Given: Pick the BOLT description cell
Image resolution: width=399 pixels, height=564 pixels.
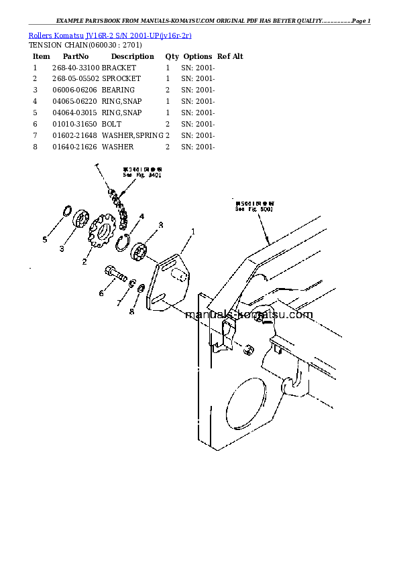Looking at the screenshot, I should pos(111,125).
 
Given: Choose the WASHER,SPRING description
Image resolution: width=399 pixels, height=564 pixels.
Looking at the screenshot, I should pos(132,136).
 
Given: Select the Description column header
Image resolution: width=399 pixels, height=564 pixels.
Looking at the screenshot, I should pos(132,57).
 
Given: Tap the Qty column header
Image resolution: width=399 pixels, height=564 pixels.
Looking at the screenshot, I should pos(172,57).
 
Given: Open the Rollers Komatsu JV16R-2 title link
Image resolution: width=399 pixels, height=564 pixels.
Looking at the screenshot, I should pos(111,35).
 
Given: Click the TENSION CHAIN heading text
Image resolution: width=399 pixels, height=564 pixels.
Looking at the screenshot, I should pos(84,46).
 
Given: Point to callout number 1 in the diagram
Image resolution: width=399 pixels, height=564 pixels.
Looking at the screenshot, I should pos(193,232).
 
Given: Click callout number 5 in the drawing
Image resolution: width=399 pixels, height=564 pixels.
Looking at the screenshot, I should pos(45,239).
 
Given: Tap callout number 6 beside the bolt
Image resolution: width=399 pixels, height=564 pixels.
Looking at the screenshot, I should pos(101,293).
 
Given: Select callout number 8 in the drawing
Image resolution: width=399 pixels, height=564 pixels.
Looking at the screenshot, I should pos(131,311).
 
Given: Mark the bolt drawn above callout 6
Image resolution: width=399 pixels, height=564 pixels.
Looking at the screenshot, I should pos(115,274).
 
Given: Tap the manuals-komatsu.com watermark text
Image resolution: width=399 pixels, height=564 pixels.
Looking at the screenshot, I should pos(248,315).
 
